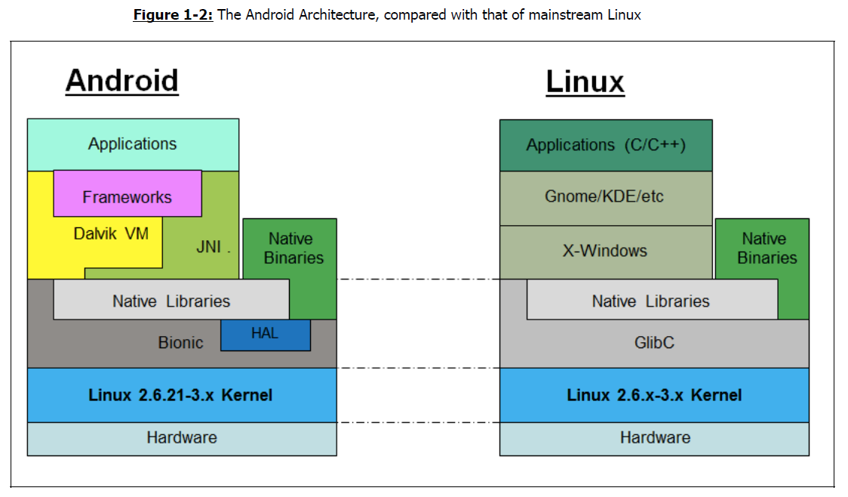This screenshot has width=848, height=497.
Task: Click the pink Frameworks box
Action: point(128,193)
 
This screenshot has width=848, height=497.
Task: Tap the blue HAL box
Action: point(266,335)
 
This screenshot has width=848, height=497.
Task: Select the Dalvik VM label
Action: point(111,233)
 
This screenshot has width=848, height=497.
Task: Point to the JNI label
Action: point(209,247)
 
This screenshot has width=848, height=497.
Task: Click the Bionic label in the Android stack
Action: point(180,343)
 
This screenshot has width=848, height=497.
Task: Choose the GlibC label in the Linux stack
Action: point(654,343)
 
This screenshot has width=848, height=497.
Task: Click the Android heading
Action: point(122,82)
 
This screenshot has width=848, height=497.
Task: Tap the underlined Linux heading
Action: point(585,82)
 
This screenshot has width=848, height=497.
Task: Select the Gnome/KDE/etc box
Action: point(606,198)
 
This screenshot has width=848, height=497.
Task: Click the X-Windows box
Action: point(606,252)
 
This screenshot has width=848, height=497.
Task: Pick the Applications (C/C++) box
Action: point(606,145)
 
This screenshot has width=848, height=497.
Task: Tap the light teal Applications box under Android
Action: point(133,144)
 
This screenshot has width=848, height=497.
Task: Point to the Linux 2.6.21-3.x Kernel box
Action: point(182,395)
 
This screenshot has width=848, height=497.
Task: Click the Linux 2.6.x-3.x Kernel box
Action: point(654,395)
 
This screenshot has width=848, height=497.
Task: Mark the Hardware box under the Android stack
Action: point(182,439)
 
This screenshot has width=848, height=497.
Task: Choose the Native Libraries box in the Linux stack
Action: point(653,299)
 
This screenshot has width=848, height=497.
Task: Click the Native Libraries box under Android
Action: point(171,299)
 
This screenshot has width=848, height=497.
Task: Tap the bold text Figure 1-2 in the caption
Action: point(173,14)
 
